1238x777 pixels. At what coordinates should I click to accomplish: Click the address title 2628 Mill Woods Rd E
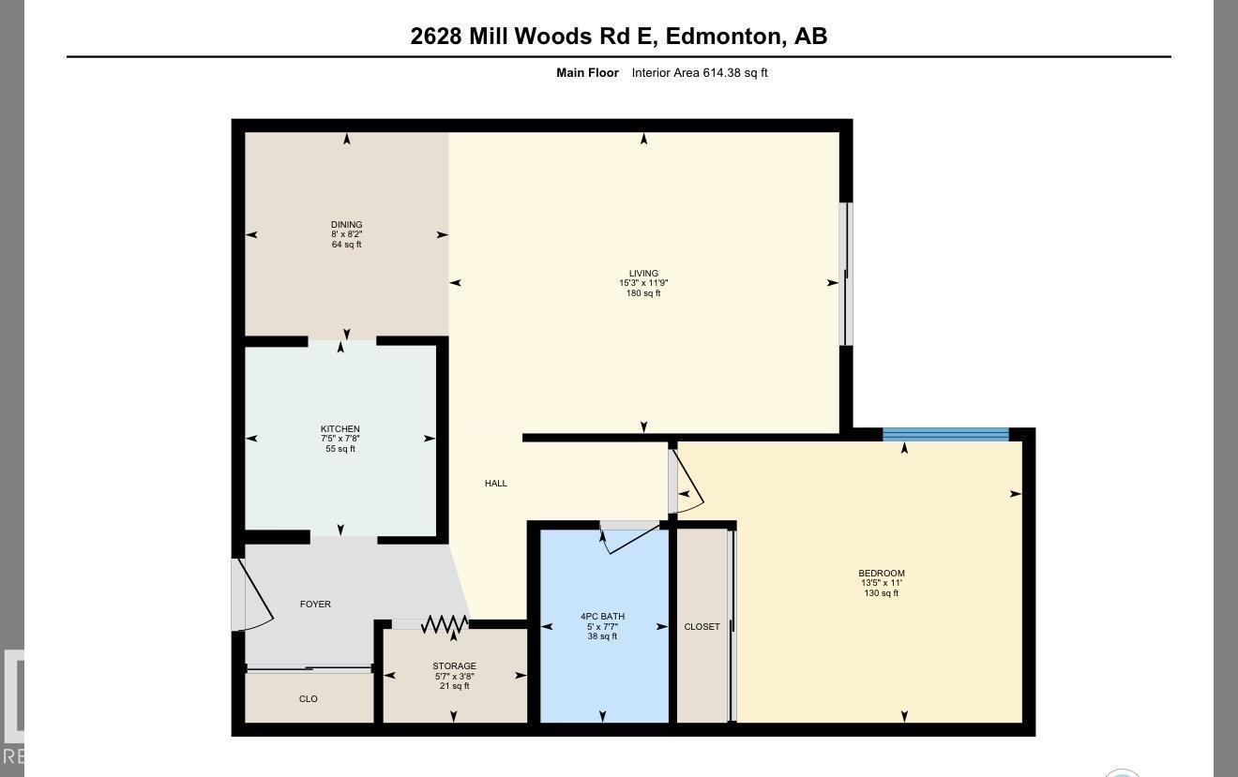pyautogui.click(x=618, y=37)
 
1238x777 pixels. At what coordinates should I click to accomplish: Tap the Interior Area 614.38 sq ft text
pyautogui.click(x=699, y=73)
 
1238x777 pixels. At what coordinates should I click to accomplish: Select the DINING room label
pyautogui.click(x=346, y=225)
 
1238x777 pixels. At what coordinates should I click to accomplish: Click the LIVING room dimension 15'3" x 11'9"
pyautogui.click(x=643, y=283)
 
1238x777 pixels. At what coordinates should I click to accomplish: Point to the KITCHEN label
pyautogui.click(x=340, y=429)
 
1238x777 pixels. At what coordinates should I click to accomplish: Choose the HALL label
pyautogui.click(x=496, y=484)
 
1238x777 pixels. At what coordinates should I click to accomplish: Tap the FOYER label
pyautogui.click(x=315, y=605)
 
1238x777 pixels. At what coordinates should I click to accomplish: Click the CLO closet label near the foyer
pyautogui.click(x=308, y=699)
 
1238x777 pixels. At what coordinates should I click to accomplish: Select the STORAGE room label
pyautogui.click(x=454, y=666)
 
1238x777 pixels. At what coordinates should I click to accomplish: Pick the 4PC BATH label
pyautogui.click(x=602, y=617)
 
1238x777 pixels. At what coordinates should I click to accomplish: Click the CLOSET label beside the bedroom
pyautogui.click(x=702, y=627)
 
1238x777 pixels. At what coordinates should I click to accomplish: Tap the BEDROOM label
pyautogui.click(x=882, y=574)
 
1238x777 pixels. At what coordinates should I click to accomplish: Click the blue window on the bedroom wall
pyautogui.click(x=945, y=434)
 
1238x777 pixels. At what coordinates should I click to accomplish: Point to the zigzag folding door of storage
pyautogui.click(x=445, y=624)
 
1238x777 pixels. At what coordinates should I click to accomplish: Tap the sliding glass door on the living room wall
pyautogui.click(x=845, y=275)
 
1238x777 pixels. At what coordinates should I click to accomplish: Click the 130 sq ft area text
pyautogui.click(x=882, y=593)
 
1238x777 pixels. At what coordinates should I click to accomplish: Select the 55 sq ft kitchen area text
pyautogui.click(x=340, y=449)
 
